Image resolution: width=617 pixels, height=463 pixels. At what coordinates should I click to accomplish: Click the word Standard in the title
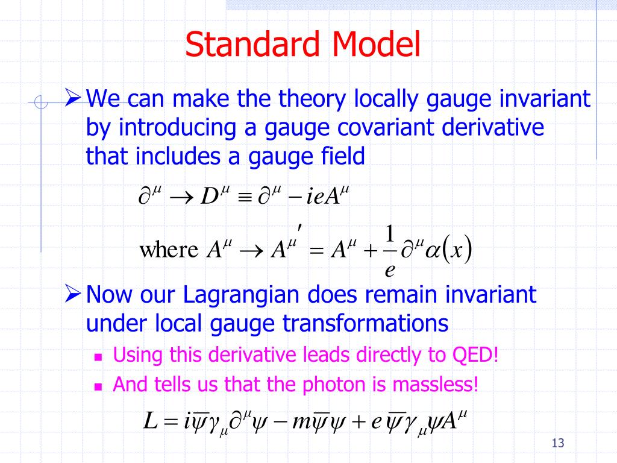[x=252, y=43]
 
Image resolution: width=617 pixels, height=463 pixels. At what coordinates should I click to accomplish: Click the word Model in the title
[x=376, y=43]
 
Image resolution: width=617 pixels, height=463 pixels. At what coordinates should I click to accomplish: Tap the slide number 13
[x=557, y=443]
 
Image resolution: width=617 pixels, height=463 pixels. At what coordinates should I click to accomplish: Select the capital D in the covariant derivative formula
[x=209, y=196]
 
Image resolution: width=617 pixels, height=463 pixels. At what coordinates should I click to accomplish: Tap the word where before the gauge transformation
[x=169, y=250]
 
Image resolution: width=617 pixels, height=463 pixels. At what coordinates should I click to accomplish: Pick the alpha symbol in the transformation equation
[x=432, y=251]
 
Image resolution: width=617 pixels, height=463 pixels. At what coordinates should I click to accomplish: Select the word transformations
[x=365, y=324]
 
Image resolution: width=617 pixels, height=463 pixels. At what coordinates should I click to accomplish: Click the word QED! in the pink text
[x=475, y=354]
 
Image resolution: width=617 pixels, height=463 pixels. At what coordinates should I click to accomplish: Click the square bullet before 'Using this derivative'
[x=98, y=357]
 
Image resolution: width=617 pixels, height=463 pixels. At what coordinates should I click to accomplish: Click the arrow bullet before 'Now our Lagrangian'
[x=73, y=294]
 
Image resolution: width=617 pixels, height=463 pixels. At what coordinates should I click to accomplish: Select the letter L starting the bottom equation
[x=150, y=421]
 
